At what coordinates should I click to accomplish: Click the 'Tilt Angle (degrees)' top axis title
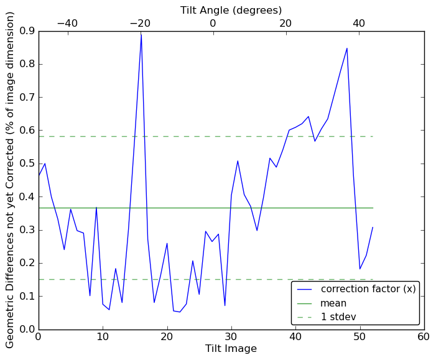coord(231,10)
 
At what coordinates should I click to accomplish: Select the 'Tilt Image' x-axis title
coord(231,349)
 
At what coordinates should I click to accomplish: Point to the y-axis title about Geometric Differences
coord(11,180)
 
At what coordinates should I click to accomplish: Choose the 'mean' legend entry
coord(333,303)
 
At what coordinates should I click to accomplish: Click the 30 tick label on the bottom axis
coord(231,336)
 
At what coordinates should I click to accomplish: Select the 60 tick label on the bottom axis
coord(424,336)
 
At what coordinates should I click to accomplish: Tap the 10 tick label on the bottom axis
coord(103,336)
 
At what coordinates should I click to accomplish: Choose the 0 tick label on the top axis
coord(213,23)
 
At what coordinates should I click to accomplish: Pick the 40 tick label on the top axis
coord(359,23)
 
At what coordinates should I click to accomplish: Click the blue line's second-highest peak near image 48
coord(347,48)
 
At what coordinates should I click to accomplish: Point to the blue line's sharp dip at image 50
coord(359,269)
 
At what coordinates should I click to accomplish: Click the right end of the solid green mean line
coord(373,208)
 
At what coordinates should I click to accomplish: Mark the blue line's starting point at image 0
coord(39,176)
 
